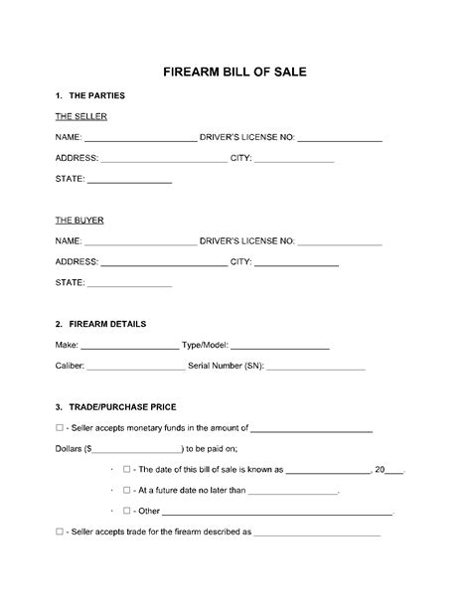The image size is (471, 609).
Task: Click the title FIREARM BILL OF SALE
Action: (x=235, y=73)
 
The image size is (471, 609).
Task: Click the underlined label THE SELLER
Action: (x=80, y=116)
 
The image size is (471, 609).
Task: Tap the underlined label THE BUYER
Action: (x=79, y=220)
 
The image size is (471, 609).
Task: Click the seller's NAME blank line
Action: (x=140, y=140)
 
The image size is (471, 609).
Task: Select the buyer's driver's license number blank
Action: (x=340, y=242)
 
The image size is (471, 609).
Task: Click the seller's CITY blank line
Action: (x=294, y=160)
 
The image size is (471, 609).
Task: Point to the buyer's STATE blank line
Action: (x=130, y=285)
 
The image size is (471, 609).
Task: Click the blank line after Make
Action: (x=128, y=348)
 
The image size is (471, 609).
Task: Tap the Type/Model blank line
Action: (x=280, y=348)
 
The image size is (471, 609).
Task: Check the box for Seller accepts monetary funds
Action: (x=62, y=429)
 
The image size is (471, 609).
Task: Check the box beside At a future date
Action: (x=126, y=491)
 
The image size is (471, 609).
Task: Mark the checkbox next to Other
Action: (x=126, y=511)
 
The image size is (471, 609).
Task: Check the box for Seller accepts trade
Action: (x=62, y=533)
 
